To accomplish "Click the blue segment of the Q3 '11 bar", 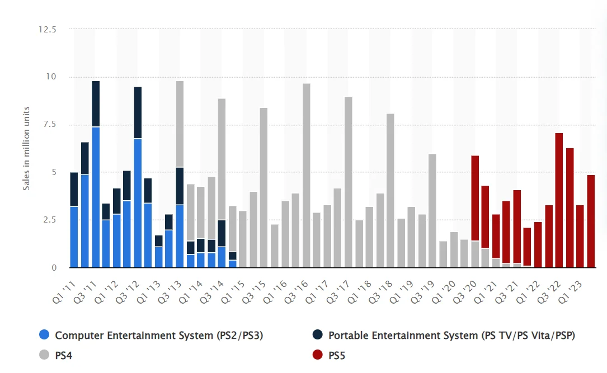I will click(96, 197).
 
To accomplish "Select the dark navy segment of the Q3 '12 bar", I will click(138, 112).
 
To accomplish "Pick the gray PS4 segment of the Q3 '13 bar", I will click(180, 124).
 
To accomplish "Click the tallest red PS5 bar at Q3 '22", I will click(558, 200).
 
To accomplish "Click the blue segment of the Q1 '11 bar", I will click(74, 237).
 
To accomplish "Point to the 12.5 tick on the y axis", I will click(48, 29).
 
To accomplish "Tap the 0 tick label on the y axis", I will click(54, 268).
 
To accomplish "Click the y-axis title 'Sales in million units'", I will click(26, 148).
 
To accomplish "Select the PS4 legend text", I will click(64, 355).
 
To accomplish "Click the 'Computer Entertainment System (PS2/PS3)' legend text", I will click(159, 336).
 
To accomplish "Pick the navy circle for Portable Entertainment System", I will click(318, 336).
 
